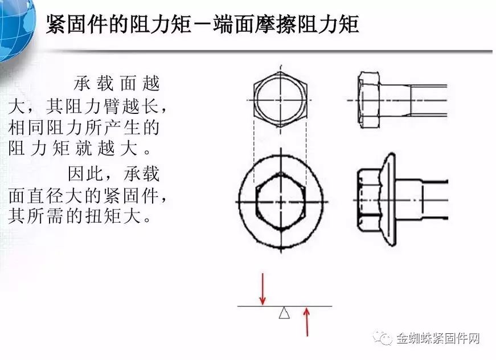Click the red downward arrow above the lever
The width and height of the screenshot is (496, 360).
click(262, 289)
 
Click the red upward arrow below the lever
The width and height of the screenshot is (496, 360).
click(306, 322)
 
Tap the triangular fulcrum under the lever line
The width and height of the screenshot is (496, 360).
click(284, 312)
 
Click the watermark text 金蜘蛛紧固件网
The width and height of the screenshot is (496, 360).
click(438, 338)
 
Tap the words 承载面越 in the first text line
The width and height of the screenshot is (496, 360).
click(117, 83)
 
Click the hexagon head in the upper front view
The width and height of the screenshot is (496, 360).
click(280, 100)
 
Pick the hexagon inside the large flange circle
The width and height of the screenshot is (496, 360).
click(281, 201)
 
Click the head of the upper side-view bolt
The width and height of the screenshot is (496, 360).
click(369, 100)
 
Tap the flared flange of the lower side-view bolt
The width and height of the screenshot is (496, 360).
click(389, 200)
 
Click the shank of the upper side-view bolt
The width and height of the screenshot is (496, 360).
click(413, 100)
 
